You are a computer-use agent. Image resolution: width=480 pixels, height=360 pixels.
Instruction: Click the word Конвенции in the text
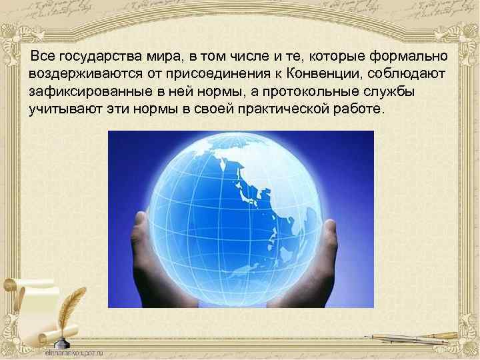click(x=322, y=71)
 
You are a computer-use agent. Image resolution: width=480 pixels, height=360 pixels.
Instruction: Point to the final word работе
click(x=359, y=108)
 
